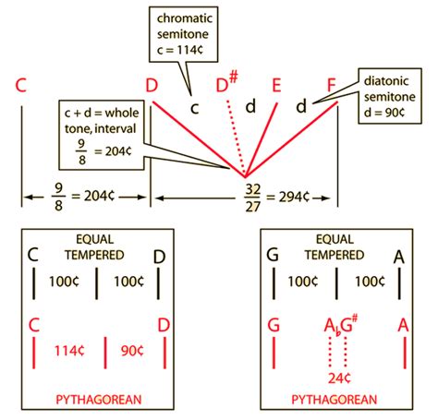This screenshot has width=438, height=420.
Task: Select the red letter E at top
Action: (276, 87)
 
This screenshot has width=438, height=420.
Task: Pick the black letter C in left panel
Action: (34, 255)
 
